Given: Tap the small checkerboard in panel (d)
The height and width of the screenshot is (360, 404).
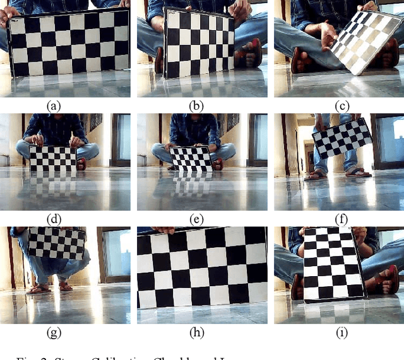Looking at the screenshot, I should (x=54, y=158).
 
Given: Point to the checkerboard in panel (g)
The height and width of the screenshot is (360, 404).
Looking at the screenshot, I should (x=57, y=243).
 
